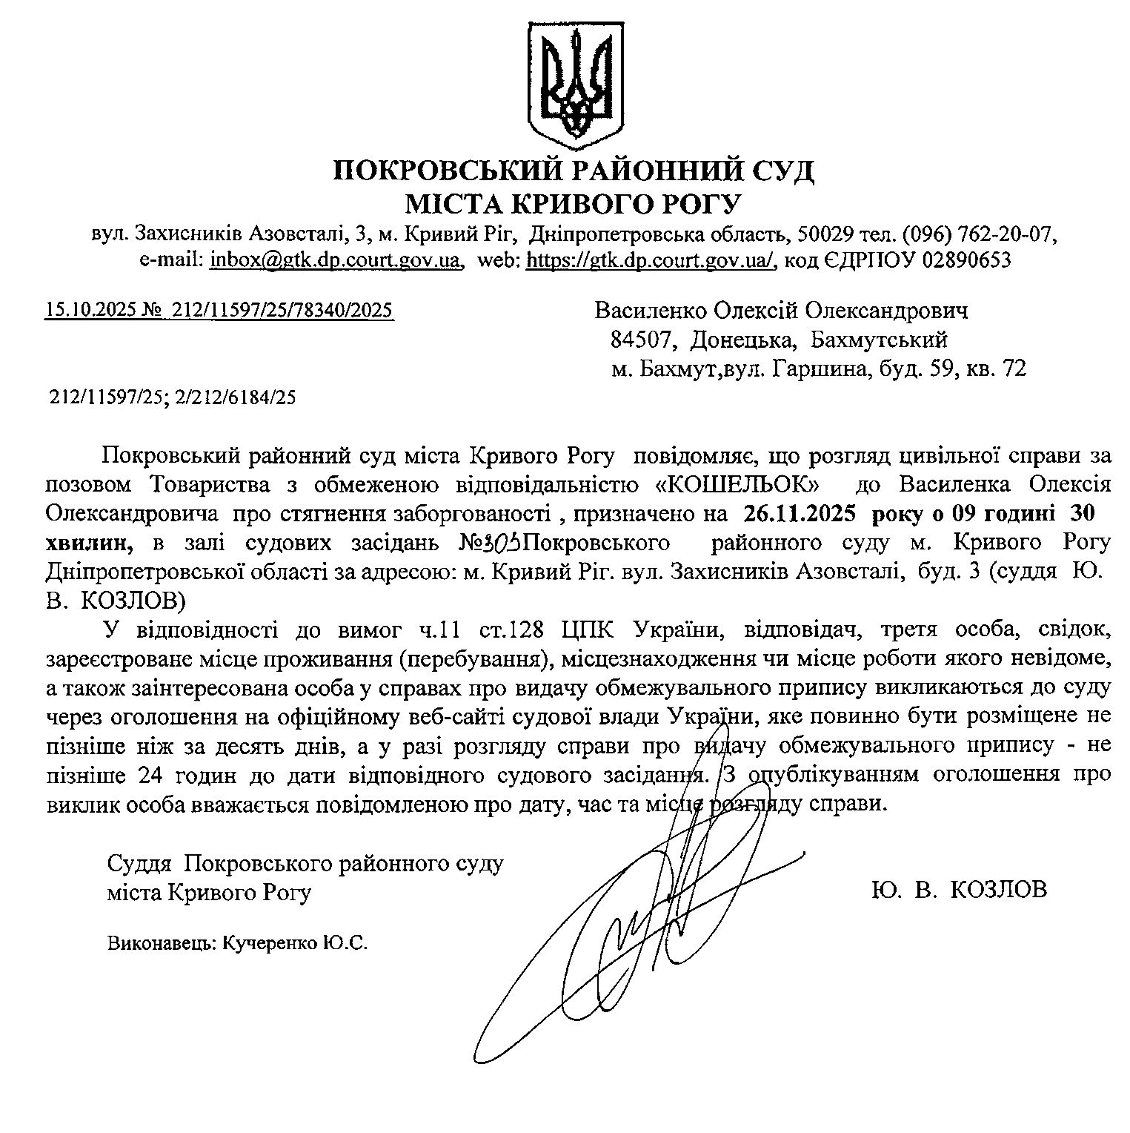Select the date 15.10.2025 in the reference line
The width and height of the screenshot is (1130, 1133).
[x=90, y=310]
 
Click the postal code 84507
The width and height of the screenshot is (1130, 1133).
[x=642, y=340]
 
